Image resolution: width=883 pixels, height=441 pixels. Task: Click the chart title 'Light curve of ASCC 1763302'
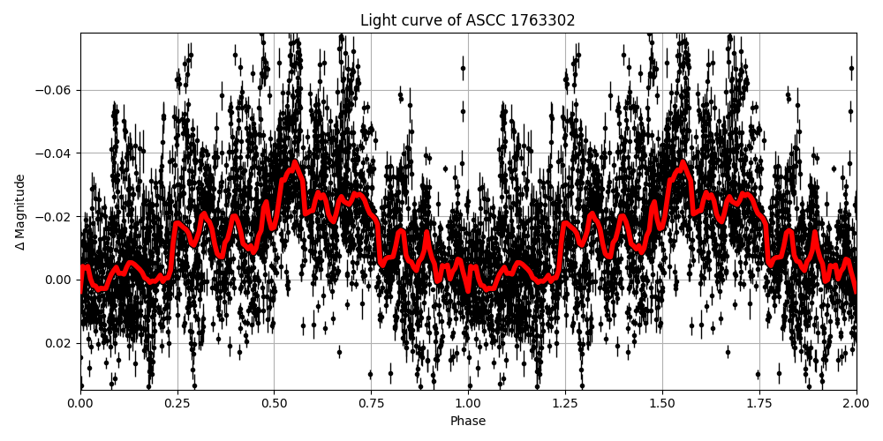click(467, 20)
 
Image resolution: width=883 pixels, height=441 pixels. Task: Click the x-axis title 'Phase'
click(468, 421)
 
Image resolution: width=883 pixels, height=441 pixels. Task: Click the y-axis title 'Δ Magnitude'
click(20, 212)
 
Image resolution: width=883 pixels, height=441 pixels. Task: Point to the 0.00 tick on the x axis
click(80, 403)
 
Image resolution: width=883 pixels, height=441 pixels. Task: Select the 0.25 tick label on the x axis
click(177, 403)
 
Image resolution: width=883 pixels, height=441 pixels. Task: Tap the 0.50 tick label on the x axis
click(275, 403)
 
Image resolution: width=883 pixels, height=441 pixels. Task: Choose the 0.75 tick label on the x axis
click(371, 403)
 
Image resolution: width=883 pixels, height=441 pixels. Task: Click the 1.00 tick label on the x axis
click(468, 403)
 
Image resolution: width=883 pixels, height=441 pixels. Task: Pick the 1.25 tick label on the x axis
click(565, 403)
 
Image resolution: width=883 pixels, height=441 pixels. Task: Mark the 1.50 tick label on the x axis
click(662, 403)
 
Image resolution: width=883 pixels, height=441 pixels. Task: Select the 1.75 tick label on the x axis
click(759, 403)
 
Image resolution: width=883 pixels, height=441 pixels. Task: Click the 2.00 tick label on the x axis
click(856, 403)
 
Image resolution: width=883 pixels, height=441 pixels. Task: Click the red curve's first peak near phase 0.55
click(295, 163)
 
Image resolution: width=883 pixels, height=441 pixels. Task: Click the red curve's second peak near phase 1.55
click(683, 163)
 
